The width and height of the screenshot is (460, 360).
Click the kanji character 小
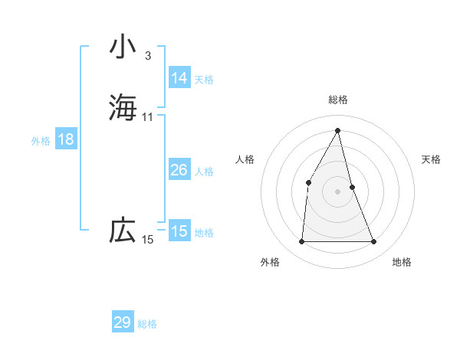(x=123, y=47)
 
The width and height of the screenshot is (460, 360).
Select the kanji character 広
(x=123, y=230)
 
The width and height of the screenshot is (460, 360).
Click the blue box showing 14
(x=179, y=78)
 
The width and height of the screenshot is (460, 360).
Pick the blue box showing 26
(x=179, y=170)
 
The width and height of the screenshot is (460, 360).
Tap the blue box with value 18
(x=65, y=139)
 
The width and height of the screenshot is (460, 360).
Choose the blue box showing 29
(x=123, y=322)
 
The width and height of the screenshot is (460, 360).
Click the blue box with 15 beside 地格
(x=179, y=231)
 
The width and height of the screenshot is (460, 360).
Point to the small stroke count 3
(x=148, y=55)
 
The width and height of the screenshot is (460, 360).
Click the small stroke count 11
(x=148, y=117)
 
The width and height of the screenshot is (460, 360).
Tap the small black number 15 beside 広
(x=148, y=240)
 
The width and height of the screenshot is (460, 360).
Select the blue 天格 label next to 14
(x=204, y=80)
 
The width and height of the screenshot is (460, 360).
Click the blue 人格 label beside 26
(x=204, y=172)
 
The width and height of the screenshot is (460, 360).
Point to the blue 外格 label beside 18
(x=41, y=141)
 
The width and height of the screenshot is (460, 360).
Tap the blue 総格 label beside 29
(x=147, y=324)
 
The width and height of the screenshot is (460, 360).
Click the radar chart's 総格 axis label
(x=338, y=100)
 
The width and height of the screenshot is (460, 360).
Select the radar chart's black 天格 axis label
(x=432, y=159)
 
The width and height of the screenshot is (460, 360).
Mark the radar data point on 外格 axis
(x=301, y=242)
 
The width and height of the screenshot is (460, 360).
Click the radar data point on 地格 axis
(x=374, y=242)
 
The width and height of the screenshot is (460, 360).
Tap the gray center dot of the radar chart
(x=338, y=191)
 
